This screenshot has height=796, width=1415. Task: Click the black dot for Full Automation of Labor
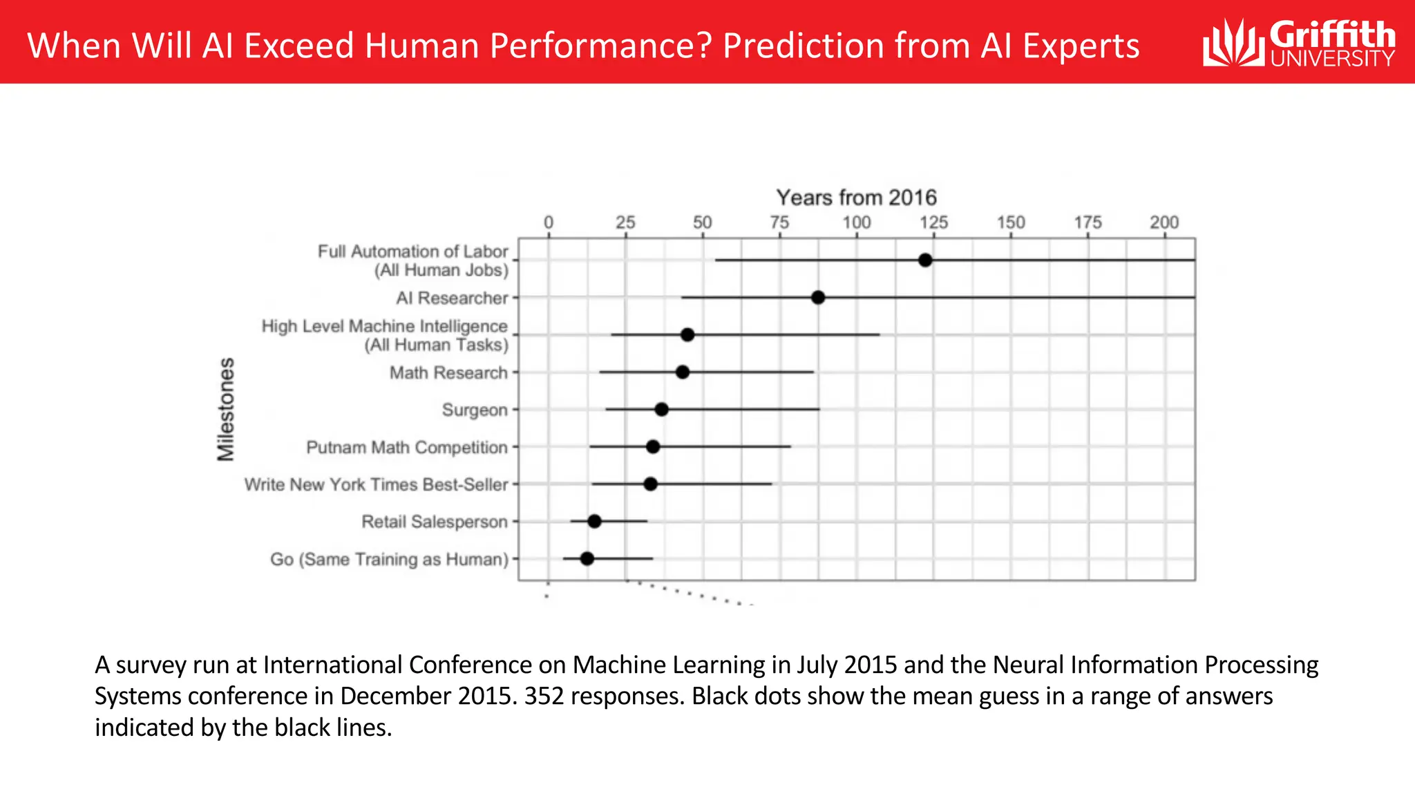click(x=925, y=260)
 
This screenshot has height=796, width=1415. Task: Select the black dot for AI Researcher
click(x=818, y=298)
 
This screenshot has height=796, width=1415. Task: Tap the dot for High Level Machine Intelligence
click(x=687, y=335)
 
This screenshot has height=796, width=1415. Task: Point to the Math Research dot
click(x=683, y=372)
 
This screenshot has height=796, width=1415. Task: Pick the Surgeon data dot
click(x=661, y=410)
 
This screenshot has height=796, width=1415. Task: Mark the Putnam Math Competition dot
click(x=653, y=447)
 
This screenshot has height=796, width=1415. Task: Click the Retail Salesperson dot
click(x=594, y=522)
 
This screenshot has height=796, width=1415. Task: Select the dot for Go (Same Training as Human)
click(x=587, y=558)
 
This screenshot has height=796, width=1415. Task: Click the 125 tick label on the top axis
click(x=933, y=222)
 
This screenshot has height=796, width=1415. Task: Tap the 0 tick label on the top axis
click(x=549, y=222)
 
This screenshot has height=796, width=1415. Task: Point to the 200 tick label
click(x=1164, y=222)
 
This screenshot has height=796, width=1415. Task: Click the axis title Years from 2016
click(x=856, y=198)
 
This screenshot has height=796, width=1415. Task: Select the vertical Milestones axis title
click(x=226, y=409)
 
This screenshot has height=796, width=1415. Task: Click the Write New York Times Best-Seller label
click(x=376, y=484)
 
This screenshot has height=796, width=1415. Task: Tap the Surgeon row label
click(x=475, y=410)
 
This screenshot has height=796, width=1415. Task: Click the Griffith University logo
click(x=1299, y=43)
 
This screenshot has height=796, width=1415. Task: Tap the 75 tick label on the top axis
click(x=779, y=222)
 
